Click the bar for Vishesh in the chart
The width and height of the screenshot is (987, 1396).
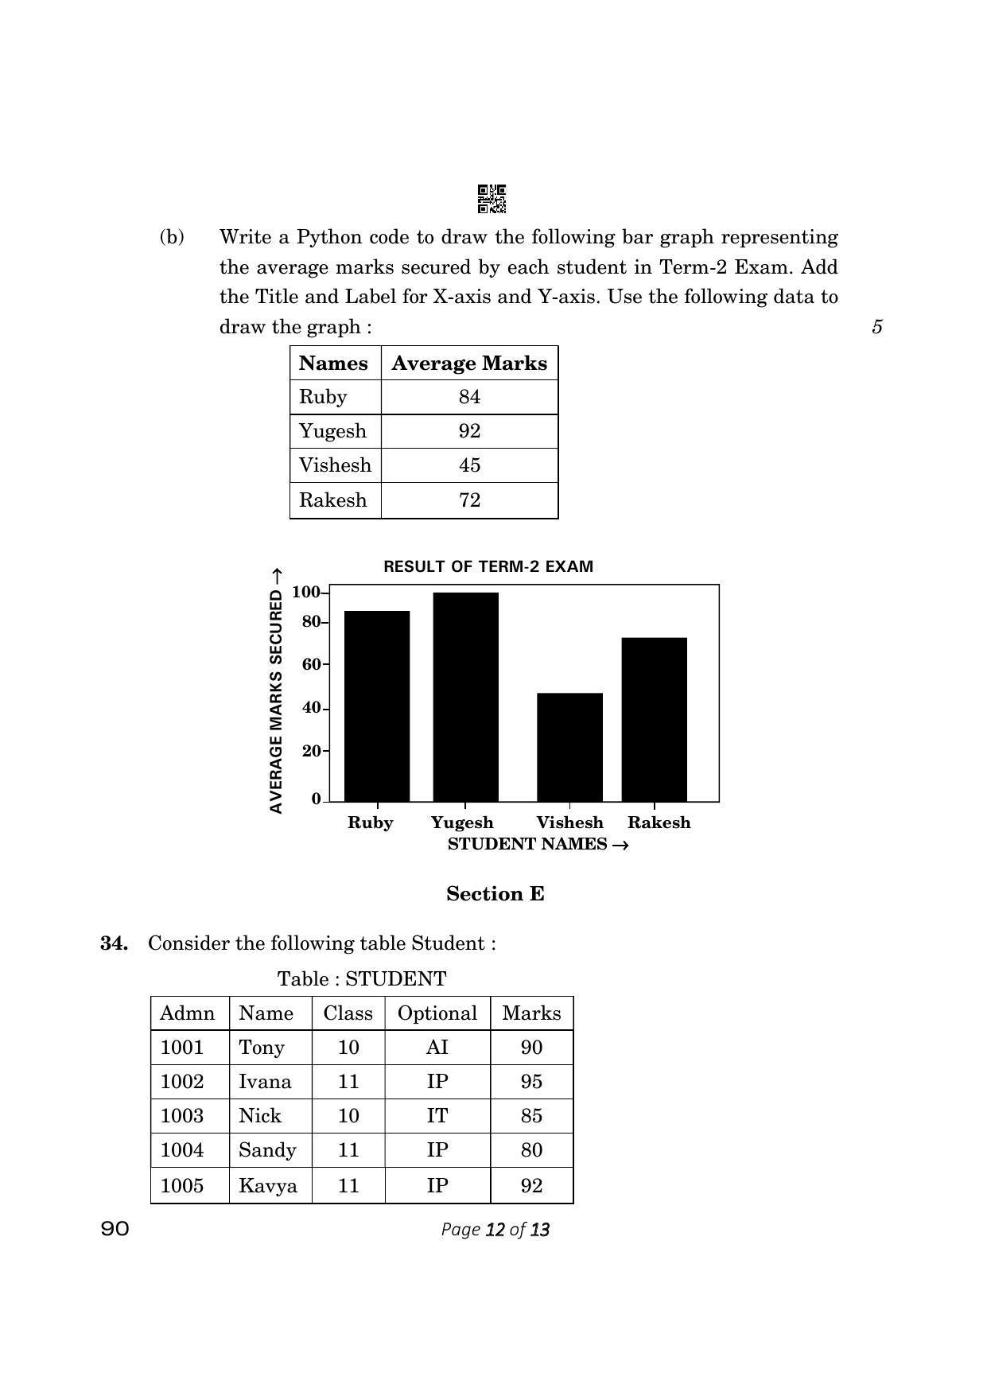[569, 747]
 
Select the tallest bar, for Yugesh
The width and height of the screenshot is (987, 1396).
[465, 697]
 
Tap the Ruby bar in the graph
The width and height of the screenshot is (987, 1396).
[377, 706]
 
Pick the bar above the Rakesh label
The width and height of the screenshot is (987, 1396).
[654, 719]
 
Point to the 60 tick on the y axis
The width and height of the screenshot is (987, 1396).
[312, 664]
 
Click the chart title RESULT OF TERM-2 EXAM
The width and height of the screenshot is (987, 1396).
[488, 567]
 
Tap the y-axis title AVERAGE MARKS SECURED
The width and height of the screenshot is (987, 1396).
[277, 690]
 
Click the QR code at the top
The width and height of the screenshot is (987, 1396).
[492, 199]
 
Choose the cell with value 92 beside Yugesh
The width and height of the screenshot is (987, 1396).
[469, 431]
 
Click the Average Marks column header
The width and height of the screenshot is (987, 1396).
[469, 364]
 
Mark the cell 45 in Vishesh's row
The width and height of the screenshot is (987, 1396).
[469, 465]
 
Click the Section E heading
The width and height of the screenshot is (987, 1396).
[495, 894]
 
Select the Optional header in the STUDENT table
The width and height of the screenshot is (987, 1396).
[437, 1013]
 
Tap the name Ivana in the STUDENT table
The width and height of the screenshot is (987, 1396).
[265, 1082]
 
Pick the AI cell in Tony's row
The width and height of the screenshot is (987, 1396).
[437, 1048]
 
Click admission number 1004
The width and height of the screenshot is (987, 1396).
[182, 1150]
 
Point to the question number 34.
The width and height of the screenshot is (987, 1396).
[114, 943]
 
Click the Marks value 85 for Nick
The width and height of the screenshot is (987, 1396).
[531, 1116]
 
